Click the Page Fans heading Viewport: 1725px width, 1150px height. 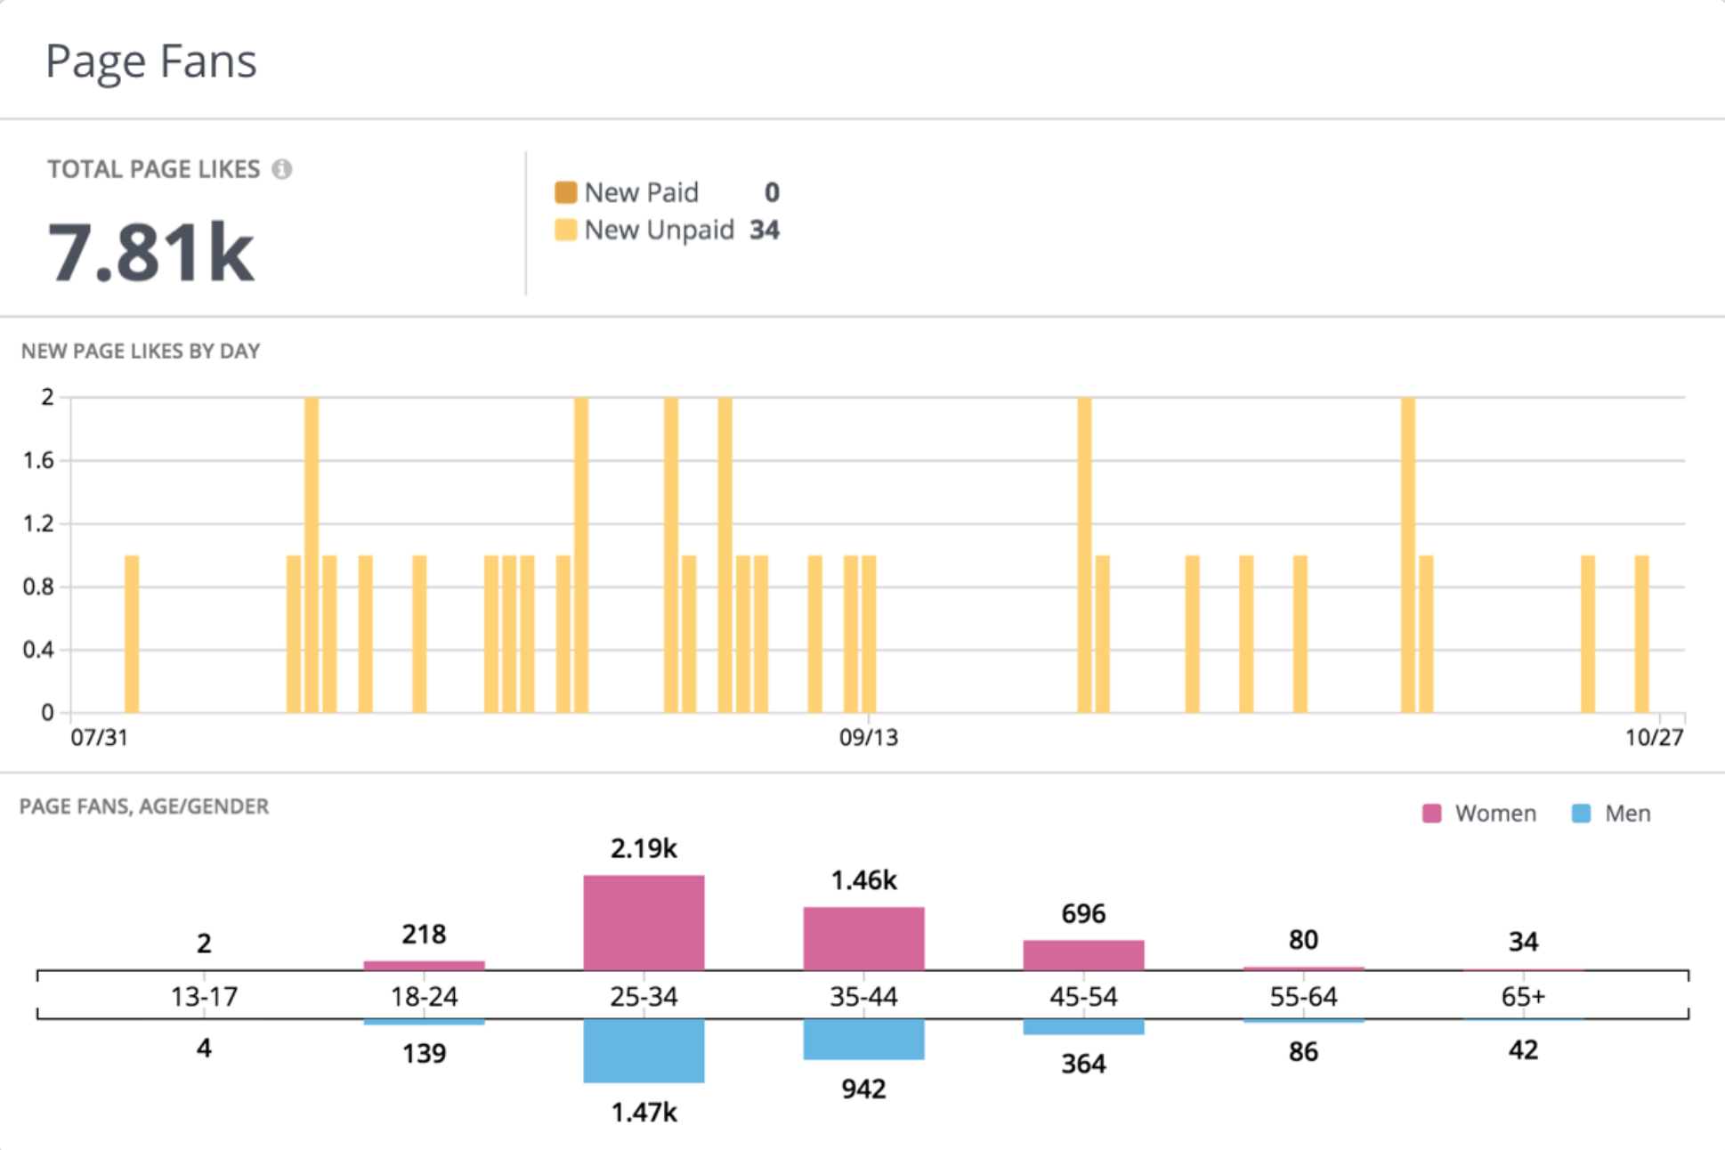(151, 61)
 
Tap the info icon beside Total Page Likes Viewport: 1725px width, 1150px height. (282, 169)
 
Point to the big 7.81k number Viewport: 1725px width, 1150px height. (150, 253)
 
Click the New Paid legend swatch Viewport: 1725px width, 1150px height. (565, 192)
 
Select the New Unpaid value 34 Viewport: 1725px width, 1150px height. (764, 230)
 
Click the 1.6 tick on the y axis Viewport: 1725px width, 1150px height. (38, 460)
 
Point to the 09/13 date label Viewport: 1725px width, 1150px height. (868, 738)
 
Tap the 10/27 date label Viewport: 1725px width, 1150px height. (1654, 738)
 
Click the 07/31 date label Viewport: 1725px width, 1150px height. (99, 738)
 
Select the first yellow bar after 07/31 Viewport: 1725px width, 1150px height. (132, 634)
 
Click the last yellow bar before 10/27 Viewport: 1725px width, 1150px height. (1641, 634)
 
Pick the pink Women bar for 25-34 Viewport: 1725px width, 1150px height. (644, 922)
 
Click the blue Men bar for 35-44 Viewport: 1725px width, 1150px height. (863, 1039)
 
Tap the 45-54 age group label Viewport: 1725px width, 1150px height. (1083, 996)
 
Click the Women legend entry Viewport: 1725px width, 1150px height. (1479, 814)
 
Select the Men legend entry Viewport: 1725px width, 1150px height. (1612, 814)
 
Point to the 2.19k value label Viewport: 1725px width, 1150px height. (644, 849)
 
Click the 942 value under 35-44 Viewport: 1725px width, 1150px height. (863, 1089)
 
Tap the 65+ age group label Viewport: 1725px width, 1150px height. (1523, 996)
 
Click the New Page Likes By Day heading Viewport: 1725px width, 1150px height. (141, 352)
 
